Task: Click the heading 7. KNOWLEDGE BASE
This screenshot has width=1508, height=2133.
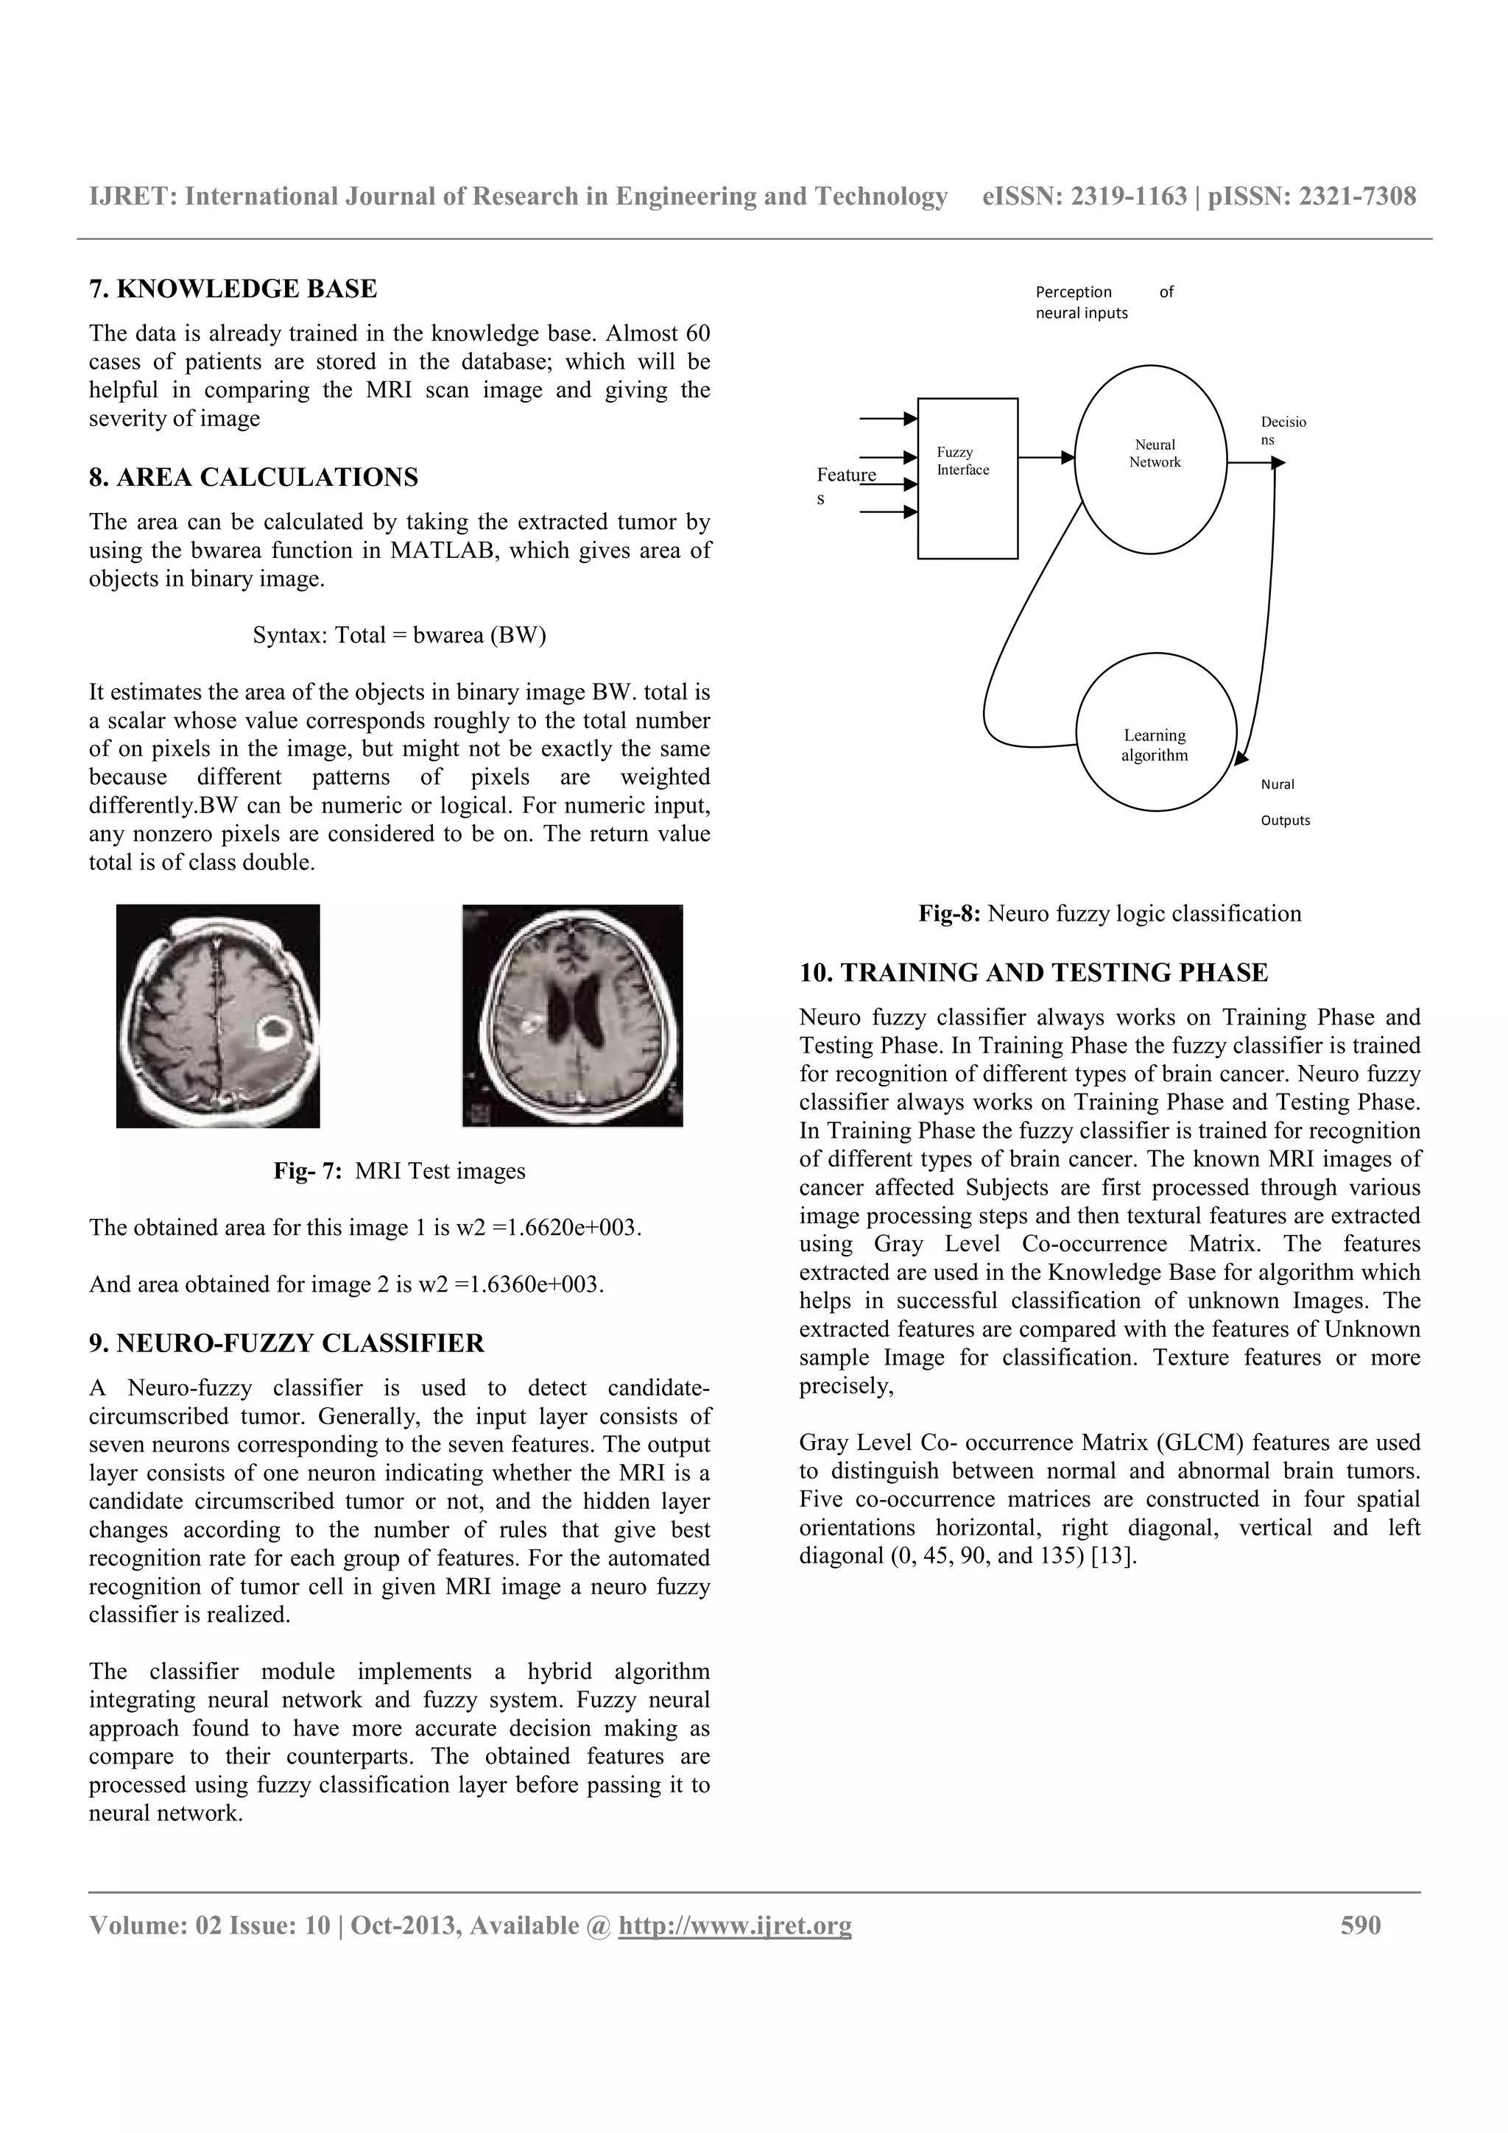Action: (233, 289)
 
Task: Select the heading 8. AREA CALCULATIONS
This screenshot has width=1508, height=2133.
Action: (253, 478)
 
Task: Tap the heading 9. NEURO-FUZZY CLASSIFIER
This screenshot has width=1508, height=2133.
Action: (286, 1343)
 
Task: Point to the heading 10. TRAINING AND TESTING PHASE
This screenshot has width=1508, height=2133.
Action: (1033, 973)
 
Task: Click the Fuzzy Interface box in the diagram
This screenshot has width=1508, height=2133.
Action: (968, 478)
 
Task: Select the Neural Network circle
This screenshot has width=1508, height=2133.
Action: (1150, 459)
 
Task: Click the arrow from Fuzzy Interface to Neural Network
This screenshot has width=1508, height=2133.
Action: (1046, 457)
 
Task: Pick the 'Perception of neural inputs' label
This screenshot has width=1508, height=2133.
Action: (1103, 302)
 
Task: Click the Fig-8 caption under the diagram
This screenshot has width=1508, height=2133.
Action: (1110, 914)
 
